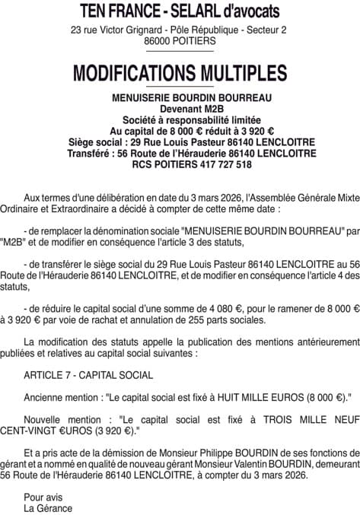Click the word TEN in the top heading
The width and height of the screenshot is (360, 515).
pos(97,11)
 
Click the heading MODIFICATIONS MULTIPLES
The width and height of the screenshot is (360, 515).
pos(180,73)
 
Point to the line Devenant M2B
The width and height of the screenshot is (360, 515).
pos(180,109)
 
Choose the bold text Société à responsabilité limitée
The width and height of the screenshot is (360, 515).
pos(180,119)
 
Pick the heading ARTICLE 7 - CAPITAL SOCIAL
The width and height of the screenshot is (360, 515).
pos(88,375)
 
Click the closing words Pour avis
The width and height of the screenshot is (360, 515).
pos(40,497)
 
